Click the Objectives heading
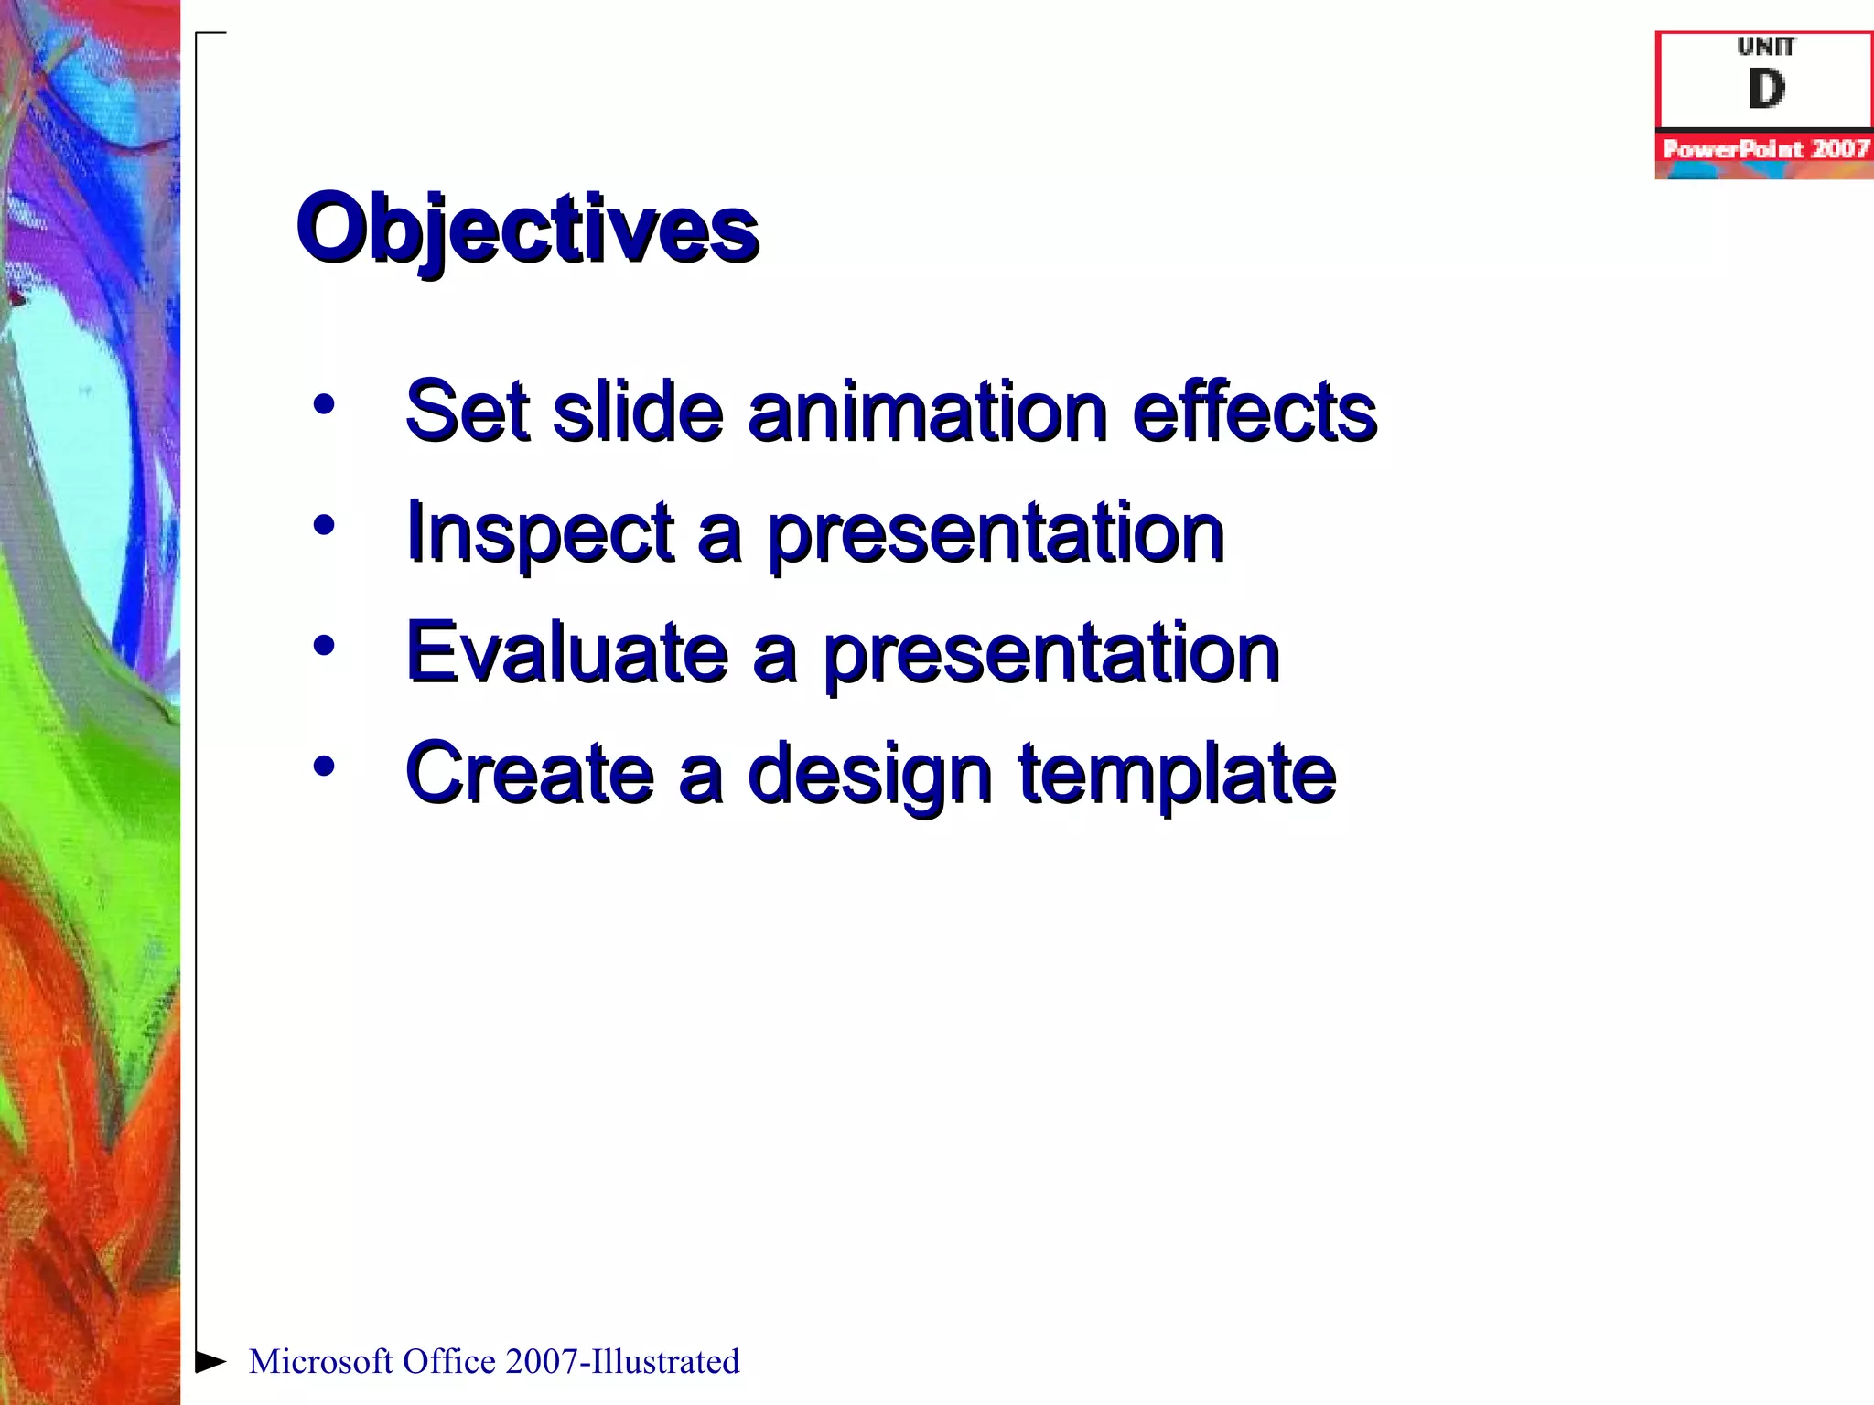pos(527,229)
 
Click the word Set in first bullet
pos(467,412)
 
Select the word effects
pos(1254,412)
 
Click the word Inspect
pos(540,534)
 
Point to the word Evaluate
pos(567,653)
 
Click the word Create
pos(529,774)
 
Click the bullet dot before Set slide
pos(323,404)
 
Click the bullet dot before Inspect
pos(323,525)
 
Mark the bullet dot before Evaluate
pos(323,646)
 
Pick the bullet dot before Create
pos(323,767)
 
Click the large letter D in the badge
pos(1766,90)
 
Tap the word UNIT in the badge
pos(1766,46)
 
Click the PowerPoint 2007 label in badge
pos(1766,149)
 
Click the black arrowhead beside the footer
pos(210,1361)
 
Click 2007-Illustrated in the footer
pos(622,1362)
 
